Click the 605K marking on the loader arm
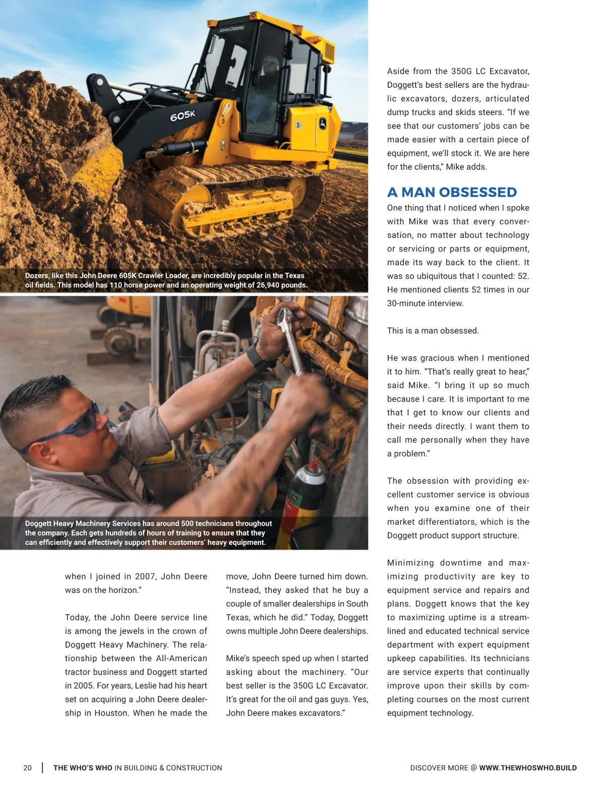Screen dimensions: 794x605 click(x=182, y=116)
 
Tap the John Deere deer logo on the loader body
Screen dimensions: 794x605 click(x=322, y=123)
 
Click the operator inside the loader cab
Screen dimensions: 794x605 click(x=268, y=83)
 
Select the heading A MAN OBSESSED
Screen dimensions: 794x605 click(x=452, y=192)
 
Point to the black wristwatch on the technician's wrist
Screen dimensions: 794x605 click(x=258, y=357)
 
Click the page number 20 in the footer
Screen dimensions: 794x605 click(x=27, y=768)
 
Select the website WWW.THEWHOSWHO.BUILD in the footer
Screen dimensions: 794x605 click(x=528, y=768)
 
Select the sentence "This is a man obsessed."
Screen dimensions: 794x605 click(x=433, y=331)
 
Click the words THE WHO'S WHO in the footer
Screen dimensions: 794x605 click(x=83, y=768)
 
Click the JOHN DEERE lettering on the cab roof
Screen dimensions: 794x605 click(x=231, y=29)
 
